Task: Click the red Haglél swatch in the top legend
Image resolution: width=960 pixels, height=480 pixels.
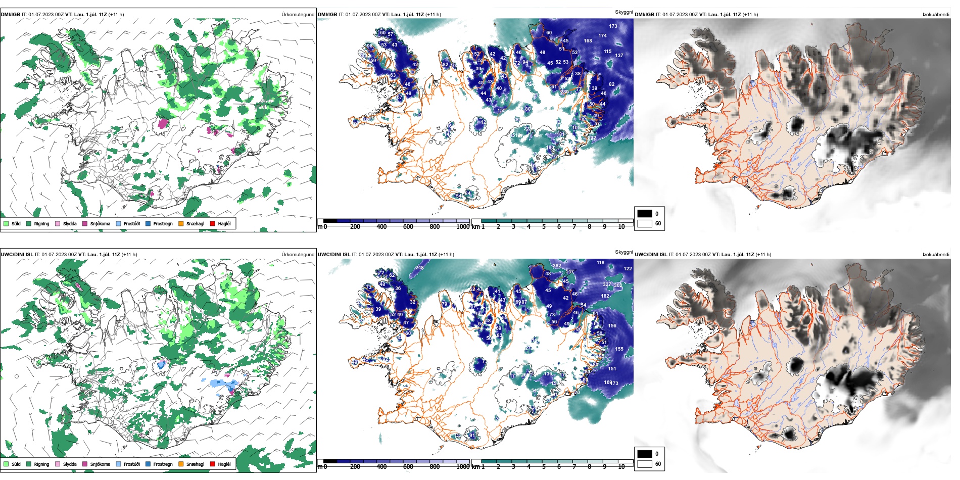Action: pyautogui.click(x=213, y=223)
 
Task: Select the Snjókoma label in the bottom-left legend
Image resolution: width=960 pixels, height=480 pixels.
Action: pyautogui.click(x=100, y=464)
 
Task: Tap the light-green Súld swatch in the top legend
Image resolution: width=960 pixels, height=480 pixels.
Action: pyautogui.click(x=6, y=223)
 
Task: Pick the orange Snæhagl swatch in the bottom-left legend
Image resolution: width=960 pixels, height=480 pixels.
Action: pyautogui.click(x=181, y=464)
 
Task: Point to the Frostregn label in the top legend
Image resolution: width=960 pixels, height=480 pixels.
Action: pyautogui.click(x=163, y=223)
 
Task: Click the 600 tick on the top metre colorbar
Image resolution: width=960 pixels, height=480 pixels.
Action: pyautogui.click(x=408, y=227)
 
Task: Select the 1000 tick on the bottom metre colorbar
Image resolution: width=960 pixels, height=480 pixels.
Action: pyautogui.click(x=463, y=467)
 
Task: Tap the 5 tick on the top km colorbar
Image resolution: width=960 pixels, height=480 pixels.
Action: pyautogui.click(x=544, y=227)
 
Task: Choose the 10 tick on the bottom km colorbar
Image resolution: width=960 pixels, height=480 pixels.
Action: pyautogui.click(x=621, y=467)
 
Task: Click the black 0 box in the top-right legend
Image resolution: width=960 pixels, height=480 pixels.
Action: pyautogui.click(x=645, y=214)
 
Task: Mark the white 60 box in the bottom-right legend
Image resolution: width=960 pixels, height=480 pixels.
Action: pyautogui.click(x=645, y=464)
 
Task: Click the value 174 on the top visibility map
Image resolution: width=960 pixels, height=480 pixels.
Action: pyautogui.click(x=603, y=35)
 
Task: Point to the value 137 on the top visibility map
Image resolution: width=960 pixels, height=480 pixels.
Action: pyautogui.click(x=619, y=55)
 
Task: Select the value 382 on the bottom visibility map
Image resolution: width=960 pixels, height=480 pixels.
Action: pyautogui.click(x=557, y=265)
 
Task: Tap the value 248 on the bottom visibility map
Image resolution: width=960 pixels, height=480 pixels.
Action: pyautogui.click(x=419, y=267)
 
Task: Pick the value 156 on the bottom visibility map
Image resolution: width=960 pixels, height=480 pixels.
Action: pyautogui.click(x=612, y=326)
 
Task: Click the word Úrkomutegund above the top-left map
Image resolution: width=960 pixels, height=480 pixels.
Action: pyautogui.click(x=298, y=15)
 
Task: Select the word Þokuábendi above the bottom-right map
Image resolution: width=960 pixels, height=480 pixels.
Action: pyautogui.click(x=936, y=255)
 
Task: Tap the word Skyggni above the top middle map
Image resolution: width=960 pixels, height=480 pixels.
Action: pyautogui.click(x=623, y=12)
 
